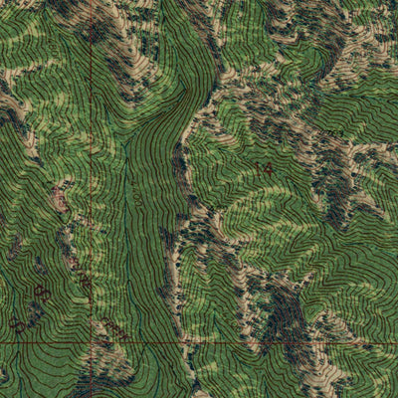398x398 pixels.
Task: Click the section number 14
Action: coord(263,170)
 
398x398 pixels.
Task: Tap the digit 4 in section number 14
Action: coord(268,170)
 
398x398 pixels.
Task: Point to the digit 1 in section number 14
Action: coord(257,170)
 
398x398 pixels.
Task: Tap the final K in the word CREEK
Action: coord(122,337)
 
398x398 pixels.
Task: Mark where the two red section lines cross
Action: coord(92,343)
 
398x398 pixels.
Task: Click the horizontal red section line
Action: coord(249,343)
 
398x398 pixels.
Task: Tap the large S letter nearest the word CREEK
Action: coord(43,293)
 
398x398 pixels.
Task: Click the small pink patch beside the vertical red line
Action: coord(60,199)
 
